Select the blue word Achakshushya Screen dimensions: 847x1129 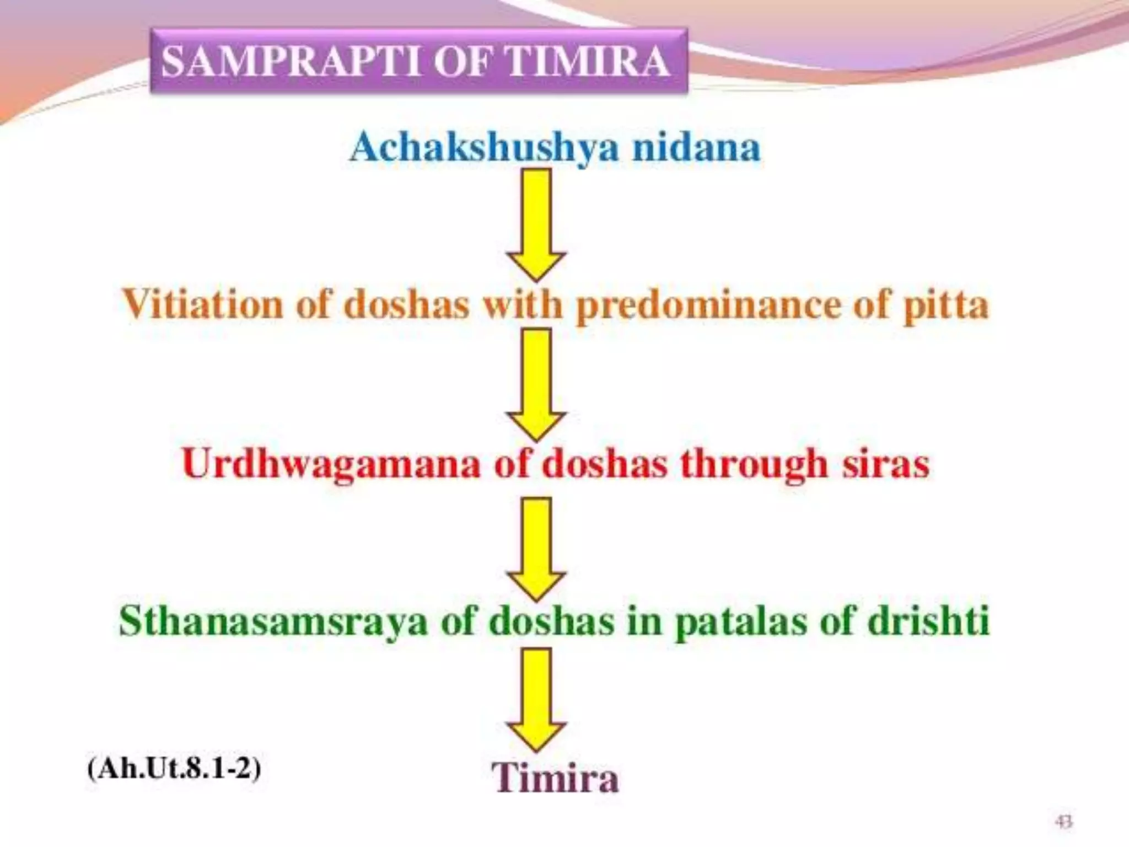click(484, 148)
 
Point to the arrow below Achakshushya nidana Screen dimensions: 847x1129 click(536, 223)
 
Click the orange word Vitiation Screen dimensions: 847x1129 click(201, 305)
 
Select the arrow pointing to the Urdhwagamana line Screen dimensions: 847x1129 click(536, 383)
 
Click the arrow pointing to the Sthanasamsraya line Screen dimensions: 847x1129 click(536, 548)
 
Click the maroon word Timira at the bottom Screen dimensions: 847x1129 click(555, 778)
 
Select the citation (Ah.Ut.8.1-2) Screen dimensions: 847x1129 click(174, 768)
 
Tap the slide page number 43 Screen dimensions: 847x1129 click(1063, 822)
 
